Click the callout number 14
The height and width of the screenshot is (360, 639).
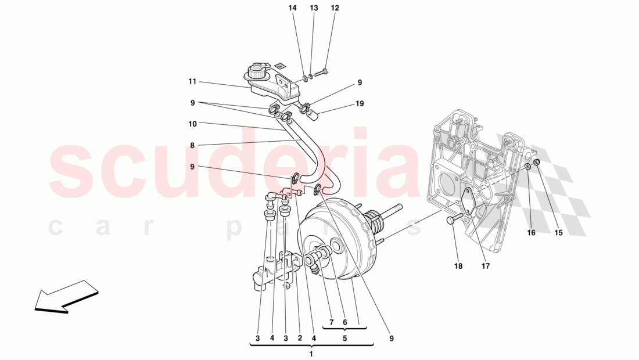[x=292, y=8]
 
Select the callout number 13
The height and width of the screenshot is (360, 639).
[x=314, y=8]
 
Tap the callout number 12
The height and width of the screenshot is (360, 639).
[x=335, y=8]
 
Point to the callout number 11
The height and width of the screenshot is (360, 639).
[x=193, y=82]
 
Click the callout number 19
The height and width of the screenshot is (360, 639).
[x=360, y=105]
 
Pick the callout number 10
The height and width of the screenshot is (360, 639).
[x=193, y=124]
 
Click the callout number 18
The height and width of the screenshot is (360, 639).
[x=458, y=267]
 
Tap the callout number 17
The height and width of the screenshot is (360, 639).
[x=485, y=267]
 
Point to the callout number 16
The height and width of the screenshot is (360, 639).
[x=532, y=233]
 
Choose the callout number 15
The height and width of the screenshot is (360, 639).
[x=558, y=233]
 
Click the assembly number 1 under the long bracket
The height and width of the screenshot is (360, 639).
[x=311, y=354]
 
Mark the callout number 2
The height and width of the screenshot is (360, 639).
[x=300, y=338]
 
